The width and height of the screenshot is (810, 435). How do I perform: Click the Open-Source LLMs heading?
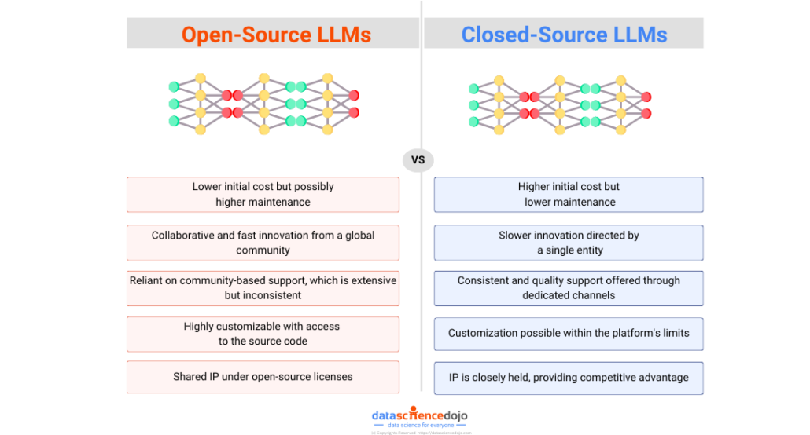click(276, 35)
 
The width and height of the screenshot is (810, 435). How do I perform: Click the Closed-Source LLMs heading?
click(564, 35)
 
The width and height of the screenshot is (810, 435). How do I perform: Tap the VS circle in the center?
click(418, 160)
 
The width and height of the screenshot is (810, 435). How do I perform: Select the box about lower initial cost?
click(263, 195)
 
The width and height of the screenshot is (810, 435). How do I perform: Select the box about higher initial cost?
click(569, 195)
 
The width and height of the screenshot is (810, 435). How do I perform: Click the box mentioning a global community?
click(263, 243)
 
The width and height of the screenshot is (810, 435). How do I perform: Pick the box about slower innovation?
click(569, 243)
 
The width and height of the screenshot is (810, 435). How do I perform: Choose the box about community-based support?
click(263, 288)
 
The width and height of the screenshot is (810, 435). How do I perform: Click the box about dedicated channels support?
click(569, 288)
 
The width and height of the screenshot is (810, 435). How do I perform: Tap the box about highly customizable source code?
click(263, 334)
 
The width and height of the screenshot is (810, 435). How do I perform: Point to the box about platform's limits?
click(569, 334)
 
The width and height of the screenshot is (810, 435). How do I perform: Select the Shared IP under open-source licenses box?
click(263, 377)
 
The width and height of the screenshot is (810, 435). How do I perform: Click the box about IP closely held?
click(569, 378)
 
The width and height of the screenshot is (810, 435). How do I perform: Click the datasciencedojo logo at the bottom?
click(420, 416)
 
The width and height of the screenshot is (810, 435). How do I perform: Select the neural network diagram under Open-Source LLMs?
click(263, 104)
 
